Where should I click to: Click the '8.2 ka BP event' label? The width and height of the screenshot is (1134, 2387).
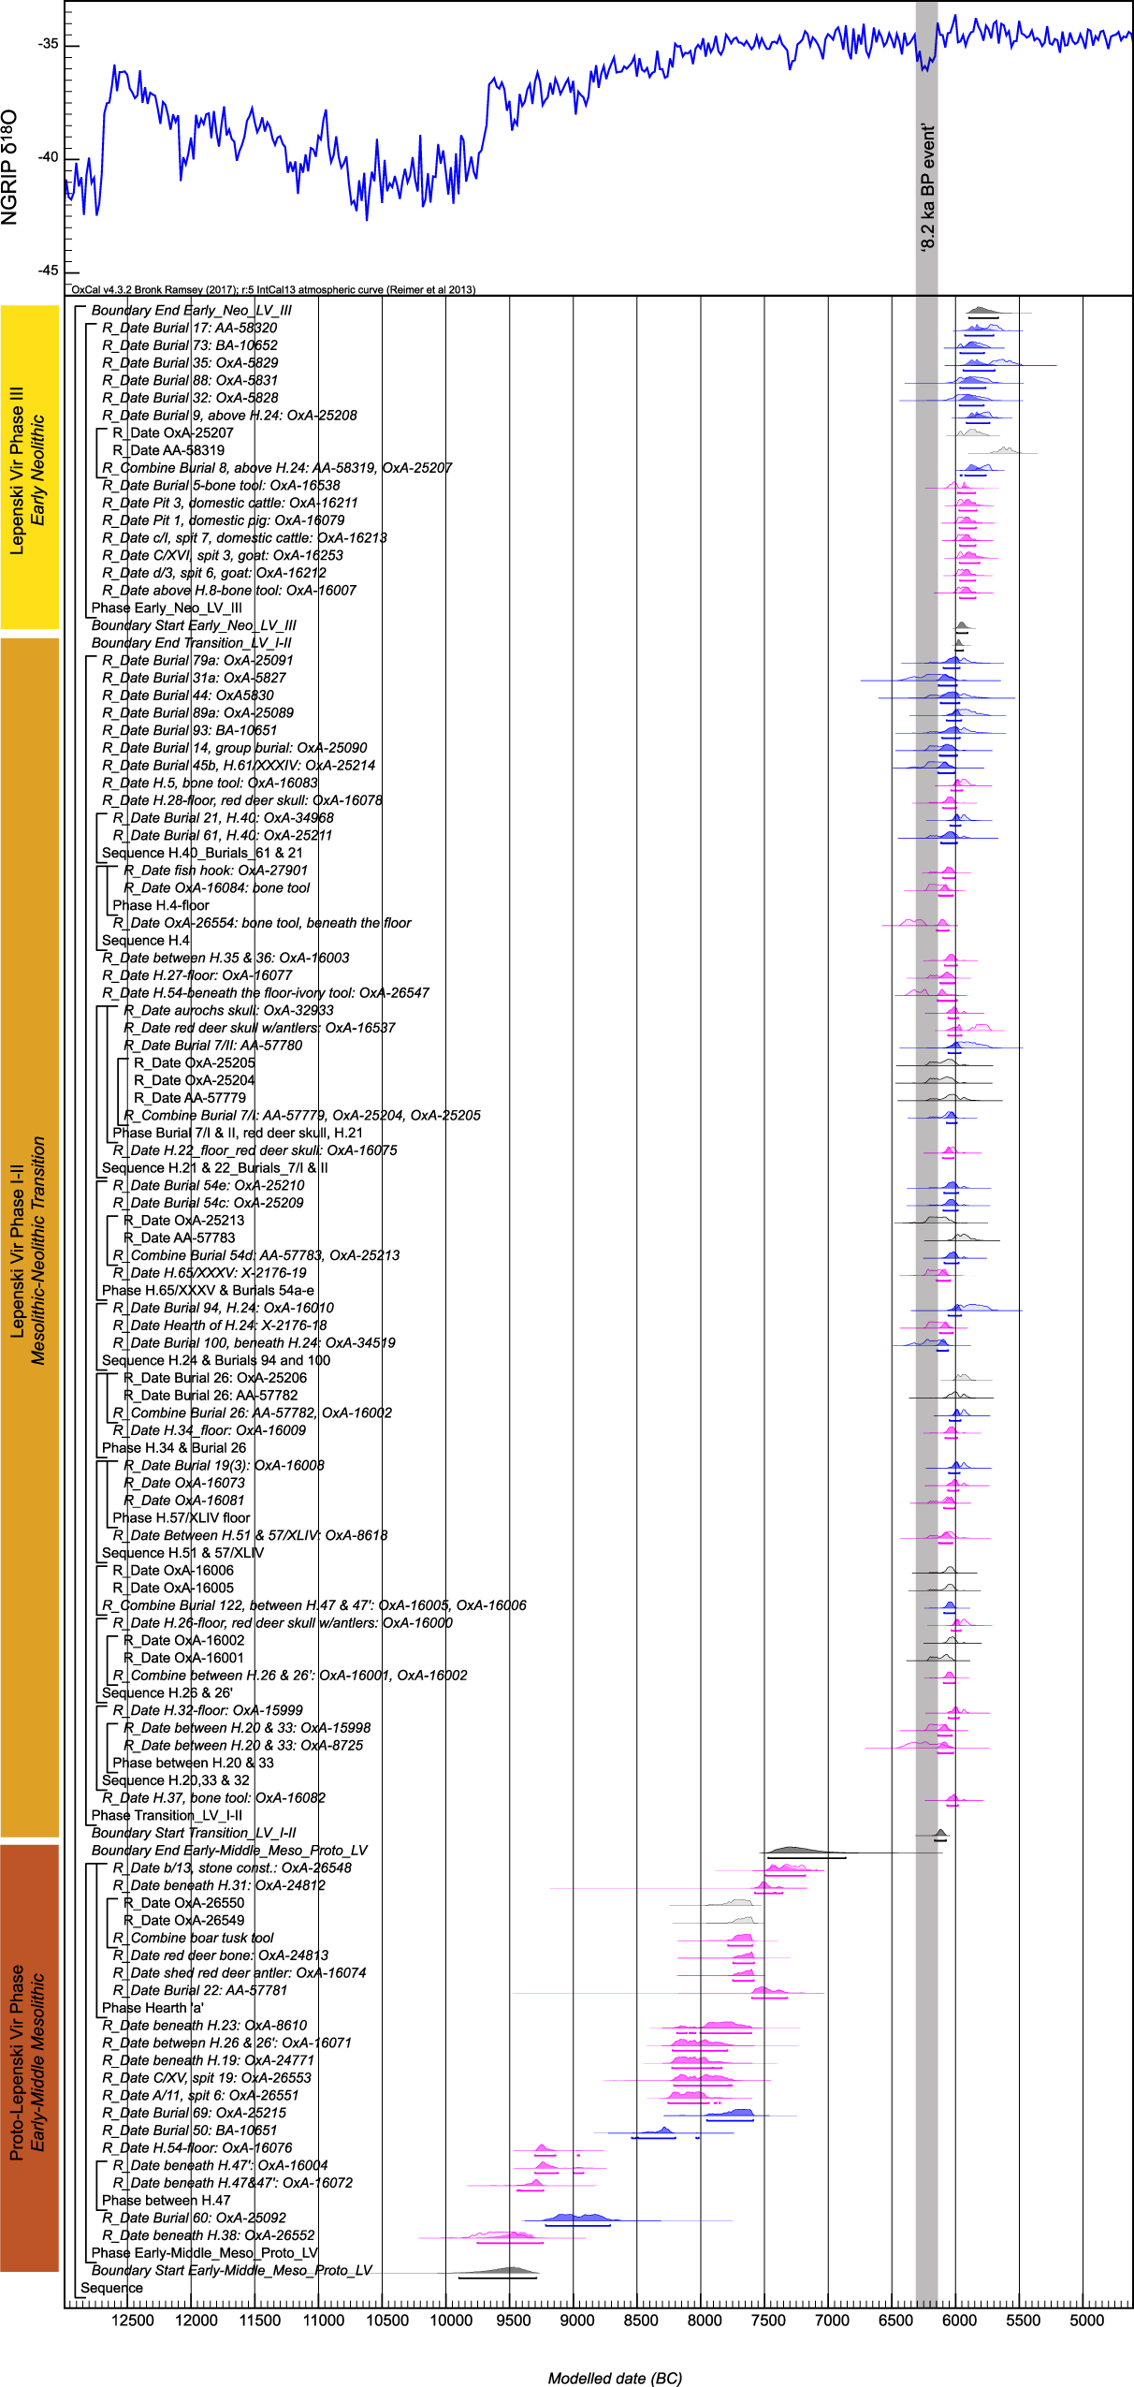tap(927, 187)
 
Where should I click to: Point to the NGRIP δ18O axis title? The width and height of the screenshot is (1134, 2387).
tap(10, 167)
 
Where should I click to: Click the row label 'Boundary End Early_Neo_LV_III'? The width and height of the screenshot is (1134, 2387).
tap(191, 310)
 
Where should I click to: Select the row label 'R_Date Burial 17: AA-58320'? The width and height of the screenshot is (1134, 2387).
tap(189, 328)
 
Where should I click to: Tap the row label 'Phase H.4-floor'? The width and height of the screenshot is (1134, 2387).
tap(161, 905)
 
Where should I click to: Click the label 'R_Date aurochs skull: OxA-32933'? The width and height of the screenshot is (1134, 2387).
tap(228, 1010)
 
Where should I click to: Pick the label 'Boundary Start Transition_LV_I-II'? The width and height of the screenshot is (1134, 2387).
tap(194, 1833)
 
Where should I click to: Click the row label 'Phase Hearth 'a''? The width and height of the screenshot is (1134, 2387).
tap(153, 2008)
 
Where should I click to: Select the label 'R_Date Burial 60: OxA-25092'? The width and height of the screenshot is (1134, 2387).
tap(194, 2218)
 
